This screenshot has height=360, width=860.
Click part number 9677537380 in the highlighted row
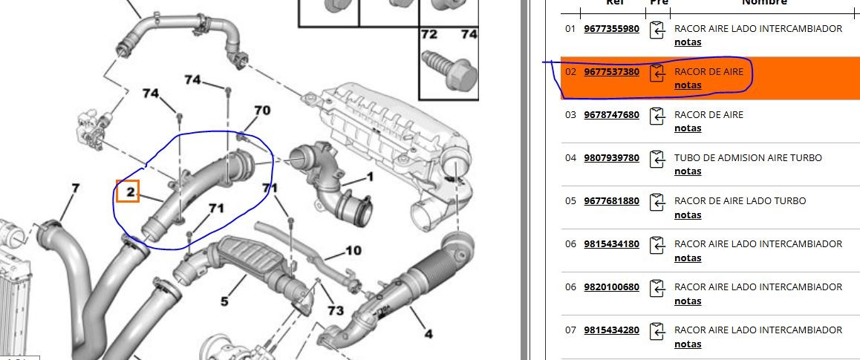[x=611, y=72]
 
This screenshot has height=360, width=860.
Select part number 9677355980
[x=611, y=28]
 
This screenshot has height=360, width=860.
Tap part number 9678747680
[x=611, y=114]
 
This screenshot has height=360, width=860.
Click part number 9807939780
[x=611, y=158]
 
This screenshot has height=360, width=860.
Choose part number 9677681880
[x=611, y=200]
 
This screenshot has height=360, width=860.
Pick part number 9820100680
[x=611, y=287]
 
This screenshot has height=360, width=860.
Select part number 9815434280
[x=611, y=330]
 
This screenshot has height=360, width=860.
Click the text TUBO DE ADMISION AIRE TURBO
[x=748, y=158]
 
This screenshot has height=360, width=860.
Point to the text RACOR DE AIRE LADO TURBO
[x=740, y=200]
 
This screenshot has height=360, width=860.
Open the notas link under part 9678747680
[x=688, y=128]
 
